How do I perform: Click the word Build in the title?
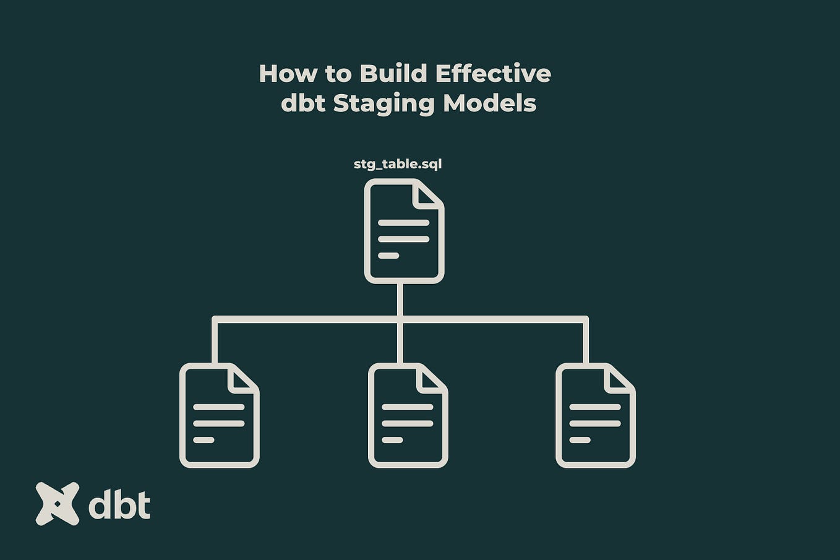click(x=393, y=74)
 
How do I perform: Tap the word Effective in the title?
click(x=493, y=74)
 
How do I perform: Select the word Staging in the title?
click(x=384, y=103)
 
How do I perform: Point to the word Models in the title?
click(x=489, y=103)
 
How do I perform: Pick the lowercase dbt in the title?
click(x=303, y=103)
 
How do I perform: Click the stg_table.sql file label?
click(x=398, y=164)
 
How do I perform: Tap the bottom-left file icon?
click(x=219, y=415)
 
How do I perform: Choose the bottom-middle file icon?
click(x=408, y=415)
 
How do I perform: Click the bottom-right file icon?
click(x=595, y=415)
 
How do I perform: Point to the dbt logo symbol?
click(x=58, y=504)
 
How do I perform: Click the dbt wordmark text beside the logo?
click(x=119, y=506)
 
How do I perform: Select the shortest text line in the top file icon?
click(x=388, y=256)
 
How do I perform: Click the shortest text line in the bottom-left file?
click(x=204, y=440)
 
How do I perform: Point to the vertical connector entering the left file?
click(x=215, y=342)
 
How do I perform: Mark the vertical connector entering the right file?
click(x=586, y=342)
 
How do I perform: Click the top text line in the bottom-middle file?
click(x=408, y=407)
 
